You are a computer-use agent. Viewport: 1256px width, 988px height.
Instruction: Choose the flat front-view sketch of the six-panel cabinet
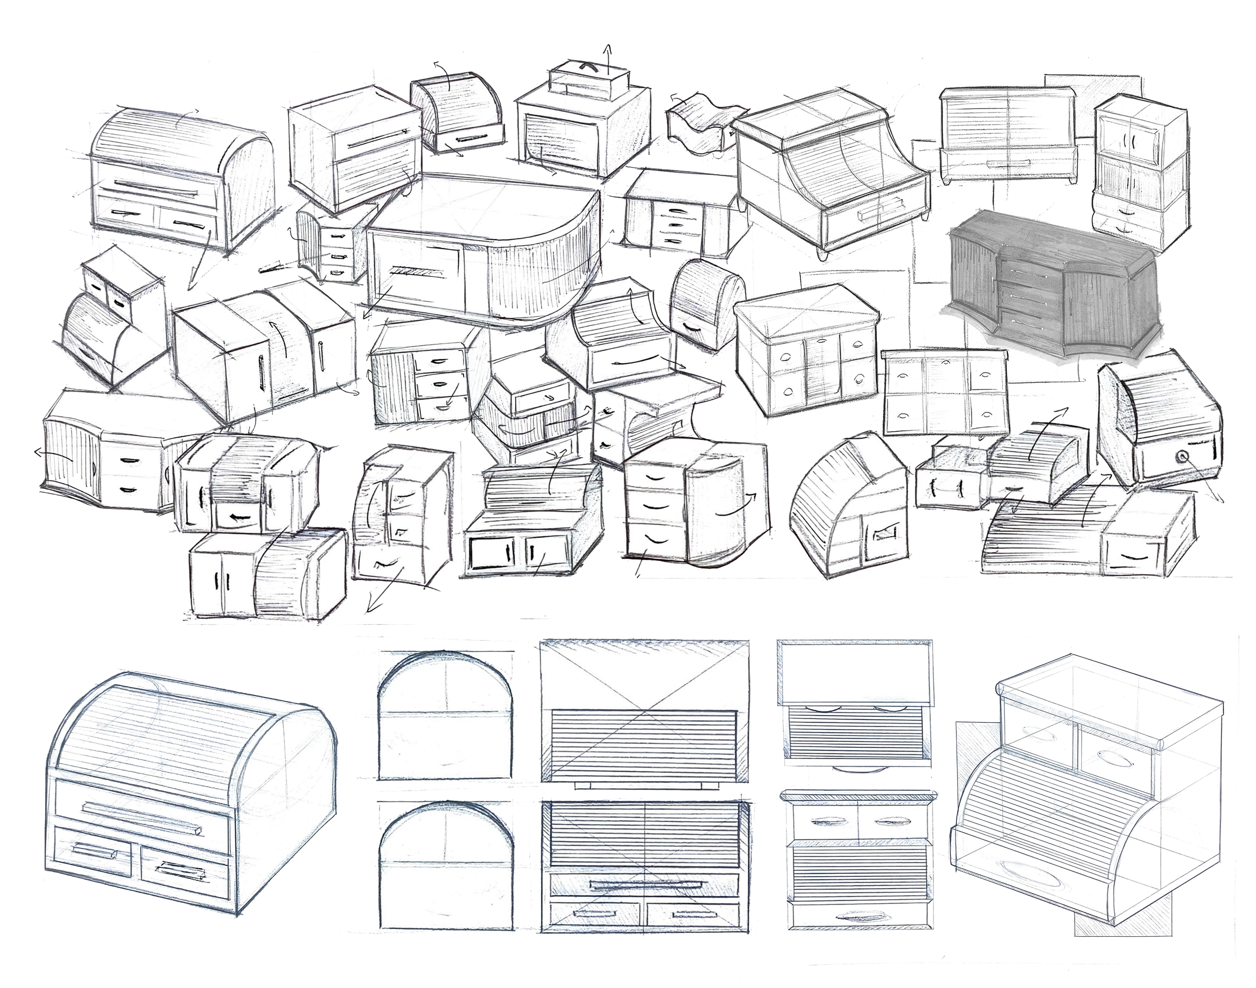(946, 391)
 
